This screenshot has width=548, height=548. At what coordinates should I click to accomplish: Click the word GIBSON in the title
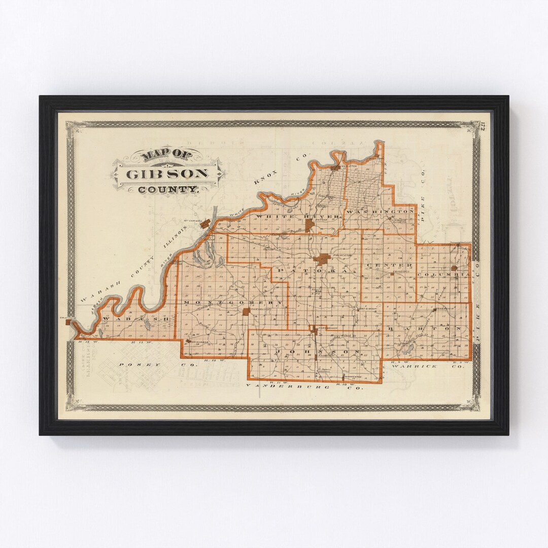coord(167,174)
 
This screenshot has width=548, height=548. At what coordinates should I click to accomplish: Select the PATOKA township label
coord(320,272)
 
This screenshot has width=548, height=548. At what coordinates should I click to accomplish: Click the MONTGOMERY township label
coord(234,302)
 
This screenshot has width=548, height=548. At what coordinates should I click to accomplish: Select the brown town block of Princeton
coord(322,259)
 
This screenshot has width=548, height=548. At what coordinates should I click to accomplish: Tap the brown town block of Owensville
coord(247,311)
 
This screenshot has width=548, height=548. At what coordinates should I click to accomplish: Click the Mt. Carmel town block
coord(205,223)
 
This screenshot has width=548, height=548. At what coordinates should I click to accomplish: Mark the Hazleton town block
coord(335,167)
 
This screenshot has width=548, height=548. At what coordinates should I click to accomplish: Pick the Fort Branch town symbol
coord(315,330)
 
